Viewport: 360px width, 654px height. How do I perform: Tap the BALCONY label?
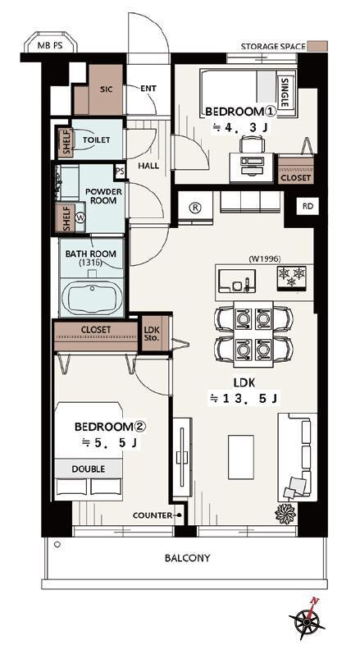[188, 558]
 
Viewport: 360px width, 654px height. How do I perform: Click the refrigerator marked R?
[195, 208]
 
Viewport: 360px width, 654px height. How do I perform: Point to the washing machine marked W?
[81, 217]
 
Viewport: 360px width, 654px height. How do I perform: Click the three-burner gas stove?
[292, 277]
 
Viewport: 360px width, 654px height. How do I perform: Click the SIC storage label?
[107, 89]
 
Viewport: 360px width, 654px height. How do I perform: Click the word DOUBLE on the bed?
[89, 469]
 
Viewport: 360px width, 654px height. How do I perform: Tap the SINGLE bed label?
[285, 93]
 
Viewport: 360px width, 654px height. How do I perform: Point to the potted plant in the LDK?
[285, 513]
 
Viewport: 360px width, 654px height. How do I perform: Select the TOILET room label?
[96, 140]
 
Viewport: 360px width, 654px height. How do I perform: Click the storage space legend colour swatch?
[317, 46]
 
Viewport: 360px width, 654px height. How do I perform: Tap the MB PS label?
[50, 46]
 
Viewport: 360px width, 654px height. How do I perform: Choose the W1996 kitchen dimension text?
[265, 258]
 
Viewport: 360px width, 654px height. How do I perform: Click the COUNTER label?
[153, 515]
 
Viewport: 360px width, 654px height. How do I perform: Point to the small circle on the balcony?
[57, 544]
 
